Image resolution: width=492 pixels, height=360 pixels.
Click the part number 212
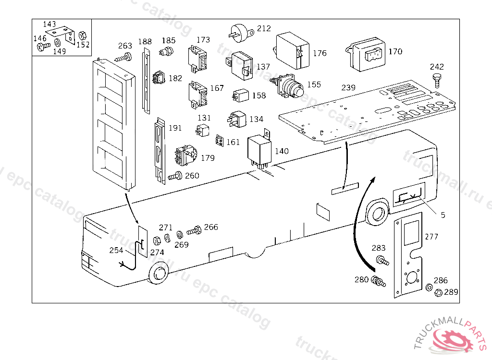tap(264, 29)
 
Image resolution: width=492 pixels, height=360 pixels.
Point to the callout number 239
tap(348, 87)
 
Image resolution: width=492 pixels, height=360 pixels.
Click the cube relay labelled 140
tap(258, 151)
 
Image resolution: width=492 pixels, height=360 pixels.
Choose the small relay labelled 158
tap(241, 95)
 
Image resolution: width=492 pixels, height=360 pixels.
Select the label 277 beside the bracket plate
tap(431, 237)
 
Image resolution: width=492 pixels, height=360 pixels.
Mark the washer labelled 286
tap(428, 288)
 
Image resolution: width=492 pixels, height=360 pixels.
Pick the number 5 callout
tap(443, 215)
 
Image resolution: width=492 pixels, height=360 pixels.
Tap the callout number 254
tap(116, 250)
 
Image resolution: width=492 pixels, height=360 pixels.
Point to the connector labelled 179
tap(185, 155)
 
